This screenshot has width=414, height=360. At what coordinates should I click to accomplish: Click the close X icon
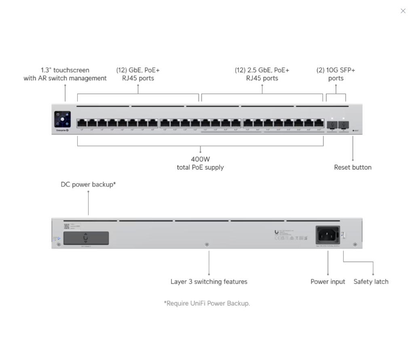[x=403, y=11]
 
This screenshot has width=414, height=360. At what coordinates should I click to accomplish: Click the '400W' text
[x=200, y=159]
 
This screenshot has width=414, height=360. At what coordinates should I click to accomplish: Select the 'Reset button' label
[x=353, y=167]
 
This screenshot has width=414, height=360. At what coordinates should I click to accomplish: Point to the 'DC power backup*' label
[x=88, y=184]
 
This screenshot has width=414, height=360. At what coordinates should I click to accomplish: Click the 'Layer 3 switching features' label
[x=209, y=282]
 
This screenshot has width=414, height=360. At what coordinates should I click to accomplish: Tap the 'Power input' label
[x=327, y=282]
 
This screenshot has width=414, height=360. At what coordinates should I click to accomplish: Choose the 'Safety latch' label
[x=371, y=282]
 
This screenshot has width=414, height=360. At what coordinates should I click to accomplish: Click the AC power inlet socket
[x=327, y=234]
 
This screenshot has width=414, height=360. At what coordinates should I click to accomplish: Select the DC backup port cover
[x=86, y=238]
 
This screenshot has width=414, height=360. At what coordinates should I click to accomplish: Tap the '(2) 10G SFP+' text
[x=336, y=70]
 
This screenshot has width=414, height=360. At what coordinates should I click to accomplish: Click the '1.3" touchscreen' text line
[x=65, y=70]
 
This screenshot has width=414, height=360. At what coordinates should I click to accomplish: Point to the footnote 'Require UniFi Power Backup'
[x=207, y=303]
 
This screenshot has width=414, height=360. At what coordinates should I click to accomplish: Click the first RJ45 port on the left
[x=82, y=123]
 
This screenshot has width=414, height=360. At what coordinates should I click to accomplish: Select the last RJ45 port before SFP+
[x=319, y=123]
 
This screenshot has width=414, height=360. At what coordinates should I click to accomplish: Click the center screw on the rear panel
[x=207, y=244]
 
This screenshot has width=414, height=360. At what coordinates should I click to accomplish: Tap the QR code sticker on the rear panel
[x=67, y=226]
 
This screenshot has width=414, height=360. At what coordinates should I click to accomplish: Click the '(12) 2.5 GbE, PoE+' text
[x=262, y=70]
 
